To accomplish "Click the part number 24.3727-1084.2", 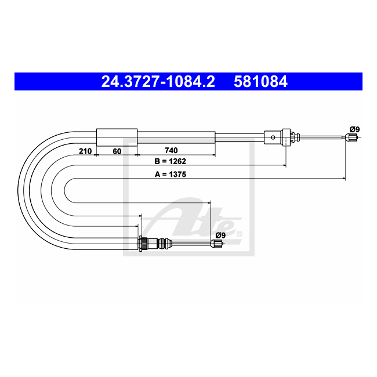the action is [x=158, y=82].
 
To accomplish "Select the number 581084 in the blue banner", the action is [x=260, y=82].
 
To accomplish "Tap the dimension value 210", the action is [x=85, y=151].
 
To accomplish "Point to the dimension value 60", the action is [x=117, y=151].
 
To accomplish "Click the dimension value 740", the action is [x=171, y=151].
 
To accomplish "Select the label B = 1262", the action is [x=170, y=161].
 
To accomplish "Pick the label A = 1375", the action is [x=171, y=174].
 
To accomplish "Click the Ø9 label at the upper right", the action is [x=354, y=129].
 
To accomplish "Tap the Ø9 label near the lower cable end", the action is [x=220, y=235].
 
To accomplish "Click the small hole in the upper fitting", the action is [x=273, y=137].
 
